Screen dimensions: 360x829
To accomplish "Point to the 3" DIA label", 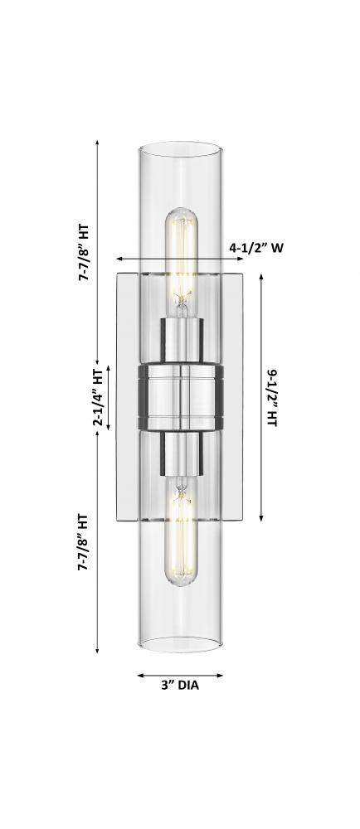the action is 180,686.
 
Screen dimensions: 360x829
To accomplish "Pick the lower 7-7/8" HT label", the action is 83,542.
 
